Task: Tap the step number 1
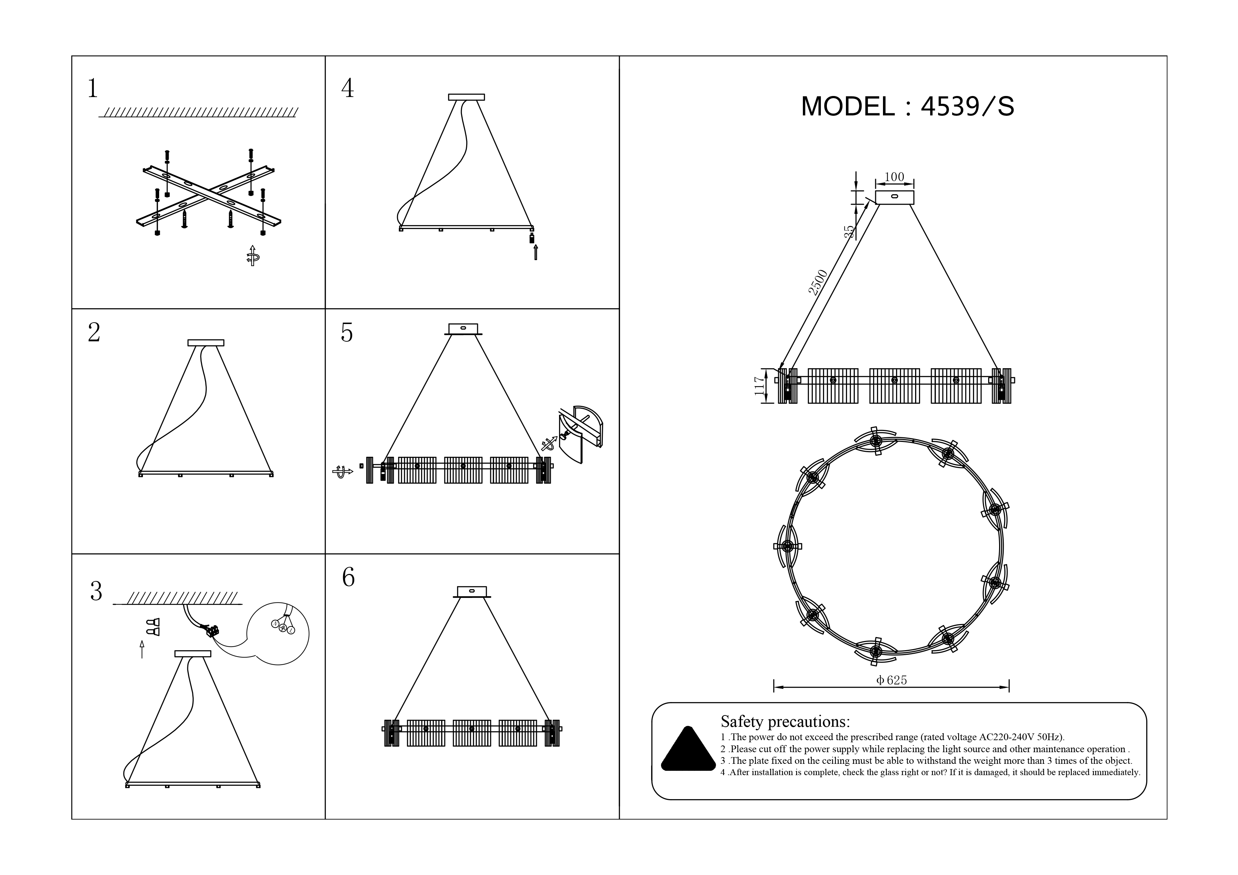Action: [x=93, y=88]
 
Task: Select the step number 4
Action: [x=348, y=88]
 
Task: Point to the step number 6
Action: [x=348, y=577]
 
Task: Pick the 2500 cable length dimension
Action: [x=817, y=282]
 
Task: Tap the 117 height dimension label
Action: [x=760, y=386]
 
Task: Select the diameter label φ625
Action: [x=892, y=681]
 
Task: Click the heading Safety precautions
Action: [x=785, y=721]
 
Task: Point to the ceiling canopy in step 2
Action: [x=206, y=343]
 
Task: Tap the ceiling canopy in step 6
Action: [x=472, y=592]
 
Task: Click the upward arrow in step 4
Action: [x=535, y=252]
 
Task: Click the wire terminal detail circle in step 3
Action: [x=278, y=634]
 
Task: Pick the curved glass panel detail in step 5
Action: [x=581, y=434]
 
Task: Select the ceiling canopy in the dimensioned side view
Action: [x=895, y=197]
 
